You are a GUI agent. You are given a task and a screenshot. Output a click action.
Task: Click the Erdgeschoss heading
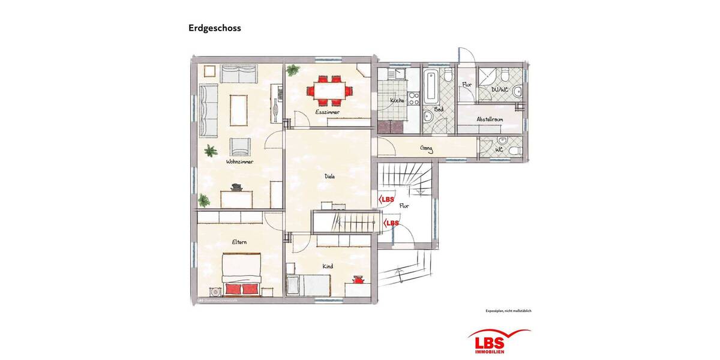pyautogui.click(x=214, y=28)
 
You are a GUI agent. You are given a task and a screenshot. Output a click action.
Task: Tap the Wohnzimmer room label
pyautogui.click(x=239, y=162)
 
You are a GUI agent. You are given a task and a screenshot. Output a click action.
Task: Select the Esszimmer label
pyautogui.click(x=328, y=112)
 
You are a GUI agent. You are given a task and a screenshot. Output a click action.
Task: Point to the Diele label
pyautogui.click(x=329, y=176)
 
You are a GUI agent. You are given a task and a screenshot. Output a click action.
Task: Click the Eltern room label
pyautogui.click(x=240, y=242)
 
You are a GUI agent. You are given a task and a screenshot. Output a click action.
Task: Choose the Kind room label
pyautogui.click(x=328, y=266)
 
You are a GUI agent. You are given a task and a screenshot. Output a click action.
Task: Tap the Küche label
pyautogui.click(x=397, y=100)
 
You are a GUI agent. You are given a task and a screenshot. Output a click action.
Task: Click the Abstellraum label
pyautogui.click(x=490, y=119)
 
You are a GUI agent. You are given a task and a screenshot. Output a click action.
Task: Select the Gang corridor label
pyautogui.click(x=427, y=149)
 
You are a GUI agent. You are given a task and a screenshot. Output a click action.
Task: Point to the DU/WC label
pyautogui.click(x=500, y=90)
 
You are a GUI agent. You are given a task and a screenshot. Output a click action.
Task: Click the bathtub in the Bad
pyautogui.click(x=430, y=85)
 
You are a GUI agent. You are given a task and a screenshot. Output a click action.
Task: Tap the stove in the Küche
pyautogui.click(x=413, y=98)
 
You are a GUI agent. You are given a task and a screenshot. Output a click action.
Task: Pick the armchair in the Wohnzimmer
pyautogui.click(x=241, y=146)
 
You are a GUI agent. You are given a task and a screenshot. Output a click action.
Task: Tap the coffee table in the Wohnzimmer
pyautogui.click(x=239, y=109)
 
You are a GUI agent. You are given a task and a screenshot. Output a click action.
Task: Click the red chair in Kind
pyautogui.click(x=359, y=279)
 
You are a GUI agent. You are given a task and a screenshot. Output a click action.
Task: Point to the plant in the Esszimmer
pyautogui.click(x=293, y=70)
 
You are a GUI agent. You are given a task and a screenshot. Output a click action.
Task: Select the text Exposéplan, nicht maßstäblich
pyautogui.click(x=509, y=311)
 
